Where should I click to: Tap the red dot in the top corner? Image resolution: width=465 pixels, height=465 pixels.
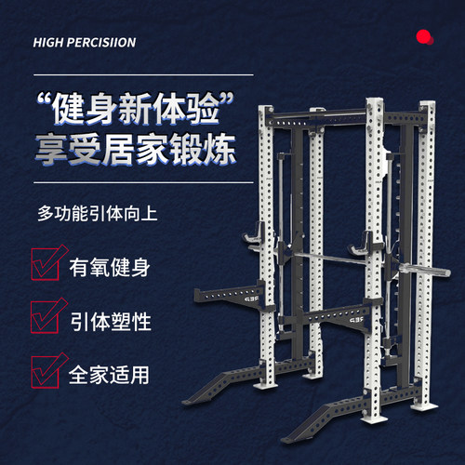[424, 37]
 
